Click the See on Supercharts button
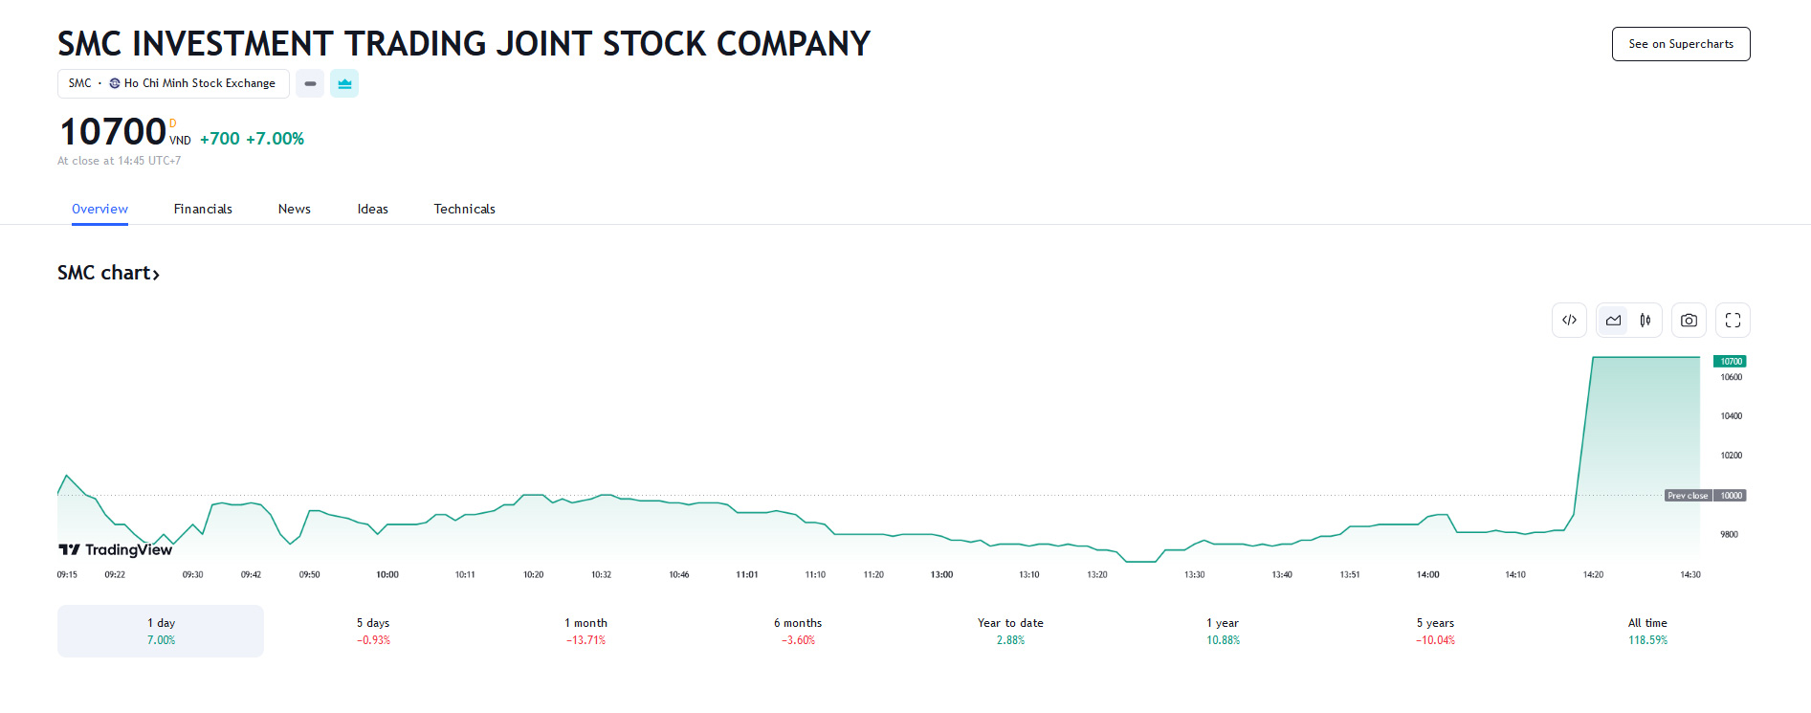coord(1680,44)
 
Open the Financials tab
coord(203,209)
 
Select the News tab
coord(294,209)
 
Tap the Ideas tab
coord(372,209)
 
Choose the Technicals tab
coord(464,209)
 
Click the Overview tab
coord(99,209)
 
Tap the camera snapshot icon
coord(1689,321)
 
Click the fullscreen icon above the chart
coord(1733,321)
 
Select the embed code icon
coord(1569,321)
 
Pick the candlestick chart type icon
coord(1645,321)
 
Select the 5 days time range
coord(373,631)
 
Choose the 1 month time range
coord(585,631)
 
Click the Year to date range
coord(1010,631)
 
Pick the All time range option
coord(1647,631)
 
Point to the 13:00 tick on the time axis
coord(941,574)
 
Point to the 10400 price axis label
coord(1732,416)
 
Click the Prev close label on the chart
coord(1688,496)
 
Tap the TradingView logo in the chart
coord(116,549)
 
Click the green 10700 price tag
coord(1731,361)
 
